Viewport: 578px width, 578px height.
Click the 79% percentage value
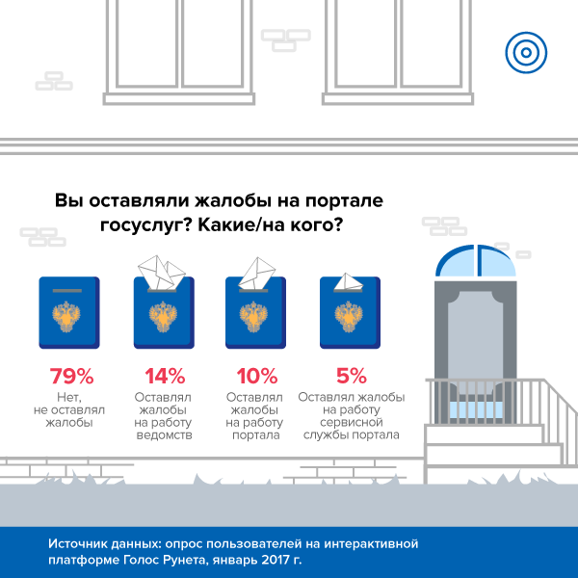(68, 375)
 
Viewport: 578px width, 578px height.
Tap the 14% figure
(162, 375)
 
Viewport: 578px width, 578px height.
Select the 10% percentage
(256, 375)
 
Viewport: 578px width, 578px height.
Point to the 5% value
(351, 375)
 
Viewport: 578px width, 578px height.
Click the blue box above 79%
(68, 313)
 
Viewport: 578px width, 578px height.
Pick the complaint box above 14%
(163, 313)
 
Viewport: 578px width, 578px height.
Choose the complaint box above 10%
(256, 313)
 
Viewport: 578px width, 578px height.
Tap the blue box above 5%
(351, 313)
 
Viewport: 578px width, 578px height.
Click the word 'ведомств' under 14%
(163, 434)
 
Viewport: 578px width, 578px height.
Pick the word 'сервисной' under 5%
(351, 422)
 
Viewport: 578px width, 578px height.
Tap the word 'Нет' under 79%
(68, 396)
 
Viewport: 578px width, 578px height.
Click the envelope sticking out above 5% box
(350, 283)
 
